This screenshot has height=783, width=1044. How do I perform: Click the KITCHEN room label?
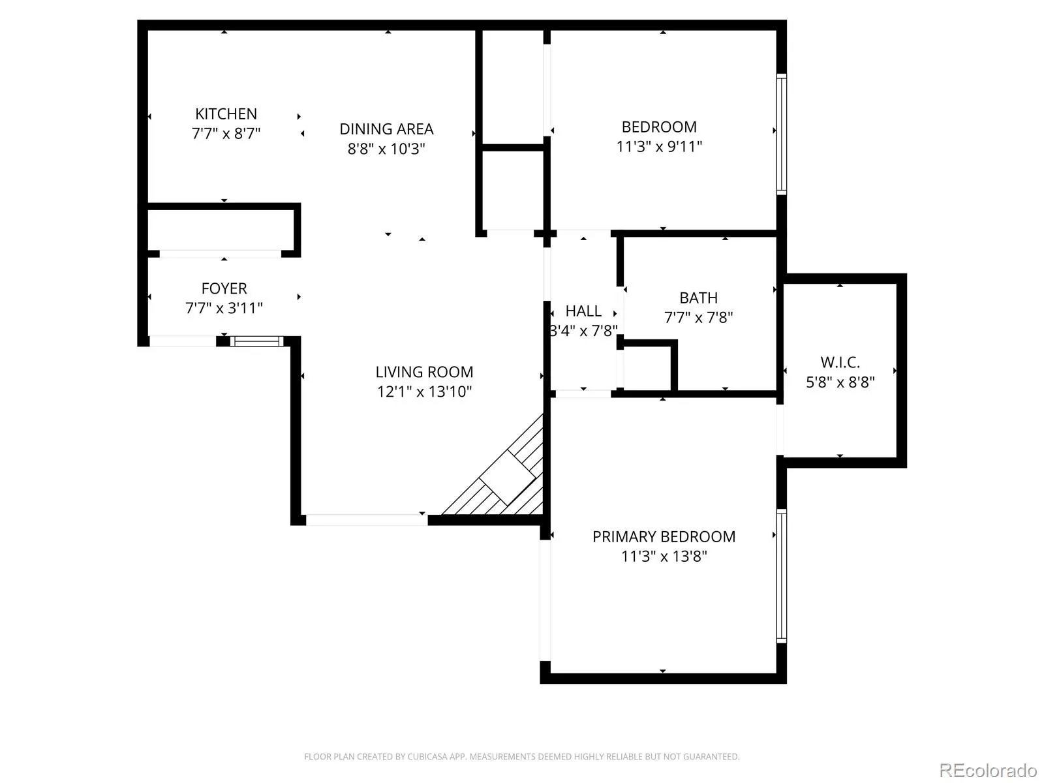[226, 114]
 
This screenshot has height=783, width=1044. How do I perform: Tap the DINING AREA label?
[386, 129]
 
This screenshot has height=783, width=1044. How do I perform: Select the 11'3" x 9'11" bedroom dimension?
[659, 146]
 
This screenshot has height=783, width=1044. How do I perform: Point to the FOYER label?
[224, 288]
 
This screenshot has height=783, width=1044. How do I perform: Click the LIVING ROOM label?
[424, 372]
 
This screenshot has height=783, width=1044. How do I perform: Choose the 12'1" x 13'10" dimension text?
[424, 391]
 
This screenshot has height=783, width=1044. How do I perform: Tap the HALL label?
[583, 311]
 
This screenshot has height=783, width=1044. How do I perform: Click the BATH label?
[698, 298]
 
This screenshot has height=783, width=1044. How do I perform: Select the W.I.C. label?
[840, 363]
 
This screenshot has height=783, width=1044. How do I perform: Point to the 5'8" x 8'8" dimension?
[840, 382]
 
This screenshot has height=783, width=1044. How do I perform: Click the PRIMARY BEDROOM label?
[664, 537]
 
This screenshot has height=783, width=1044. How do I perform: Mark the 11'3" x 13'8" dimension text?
[664, 556]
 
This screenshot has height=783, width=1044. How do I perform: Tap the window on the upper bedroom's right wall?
[782, 134]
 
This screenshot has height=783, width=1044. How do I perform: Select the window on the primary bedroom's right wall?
[782, 576]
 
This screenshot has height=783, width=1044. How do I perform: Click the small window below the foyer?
[257, 341]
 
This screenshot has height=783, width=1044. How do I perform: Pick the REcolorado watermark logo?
[987, 770]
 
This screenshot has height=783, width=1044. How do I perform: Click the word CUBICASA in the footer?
[427, 756]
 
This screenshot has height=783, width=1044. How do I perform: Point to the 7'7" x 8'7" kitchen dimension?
[226, 134]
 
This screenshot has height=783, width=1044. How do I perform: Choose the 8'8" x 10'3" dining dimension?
[386, 149]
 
